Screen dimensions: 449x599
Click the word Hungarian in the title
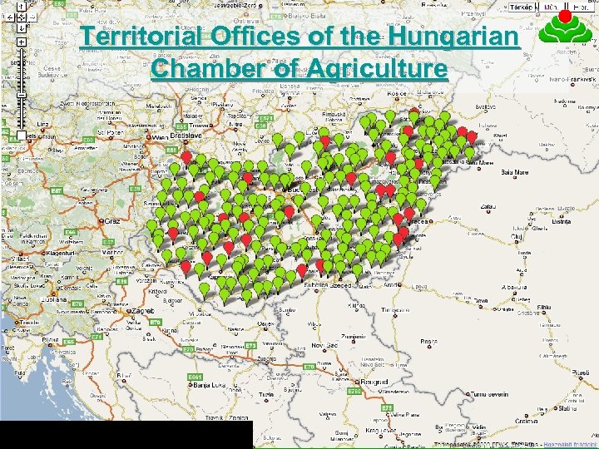[450, 38]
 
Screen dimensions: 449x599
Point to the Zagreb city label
[142, 310]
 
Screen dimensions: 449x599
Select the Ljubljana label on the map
[50, 299]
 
